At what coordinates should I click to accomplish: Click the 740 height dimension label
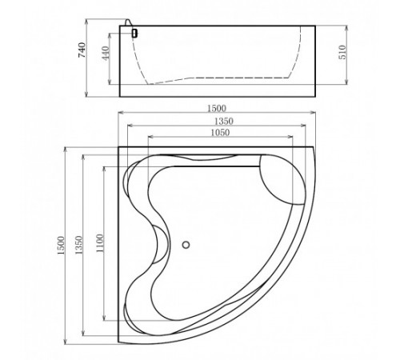point(82,50)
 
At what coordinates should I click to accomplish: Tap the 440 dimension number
point(106,54)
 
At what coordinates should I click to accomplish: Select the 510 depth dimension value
point(342,52)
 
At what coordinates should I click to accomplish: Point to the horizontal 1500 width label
point(217,108)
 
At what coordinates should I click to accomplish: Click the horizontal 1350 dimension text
point(224,122)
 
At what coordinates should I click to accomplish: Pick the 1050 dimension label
point(220,133)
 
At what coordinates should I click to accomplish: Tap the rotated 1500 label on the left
point(61,246)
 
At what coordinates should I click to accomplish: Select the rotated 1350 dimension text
point(79,245)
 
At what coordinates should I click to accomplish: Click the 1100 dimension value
point(100,243)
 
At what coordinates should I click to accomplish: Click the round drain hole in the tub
point(186,245)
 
